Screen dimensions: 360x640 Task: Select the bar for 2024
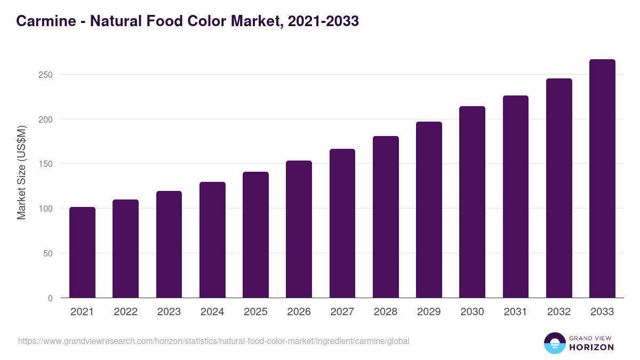(212, 240)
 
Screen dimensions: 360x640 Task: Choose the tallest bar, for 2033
(602, 178)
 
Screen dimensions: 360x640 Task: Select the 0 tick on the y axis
(50, 298)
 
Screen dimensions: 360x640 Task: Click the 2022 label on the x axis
(125, 312)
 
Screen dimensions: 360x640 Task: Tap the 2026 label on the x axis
(299, 312)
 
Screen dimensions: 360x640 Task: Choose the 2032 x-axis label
(559, 312)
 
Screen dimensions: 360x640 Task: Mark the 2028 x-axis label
(386, 312)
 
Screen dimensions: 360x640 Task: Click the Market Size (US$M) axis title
(21, 172)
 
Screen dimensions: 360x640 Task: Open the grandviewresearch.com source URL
(213, 341)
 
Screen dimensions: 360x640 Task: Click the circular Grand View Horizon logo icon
(554, 343)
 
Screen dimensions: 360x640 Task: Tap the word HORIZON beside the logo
(592, 347)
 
